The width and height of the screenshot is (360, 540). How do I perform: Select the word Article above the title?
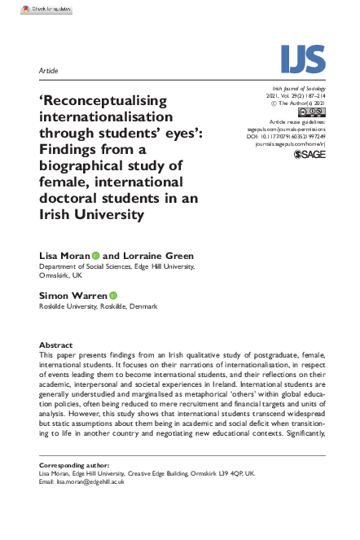(x=49, y=71)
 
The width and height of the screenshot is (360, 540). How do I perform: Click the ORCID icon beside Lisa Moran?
(x=95, y=256)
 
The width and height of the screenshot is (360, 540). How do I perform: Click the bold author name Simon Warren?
(x=72, y=295)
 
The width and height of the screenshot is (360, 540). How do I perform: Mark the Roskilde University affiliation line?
(x=98, y=306)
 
